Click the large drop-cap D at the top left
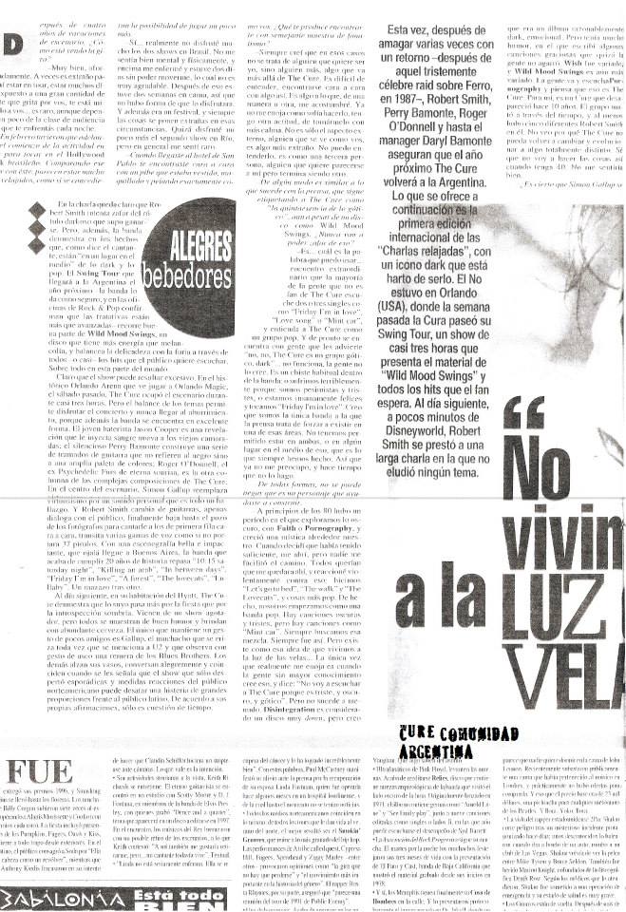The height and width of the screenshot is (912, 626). click(x=10, y=44)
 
